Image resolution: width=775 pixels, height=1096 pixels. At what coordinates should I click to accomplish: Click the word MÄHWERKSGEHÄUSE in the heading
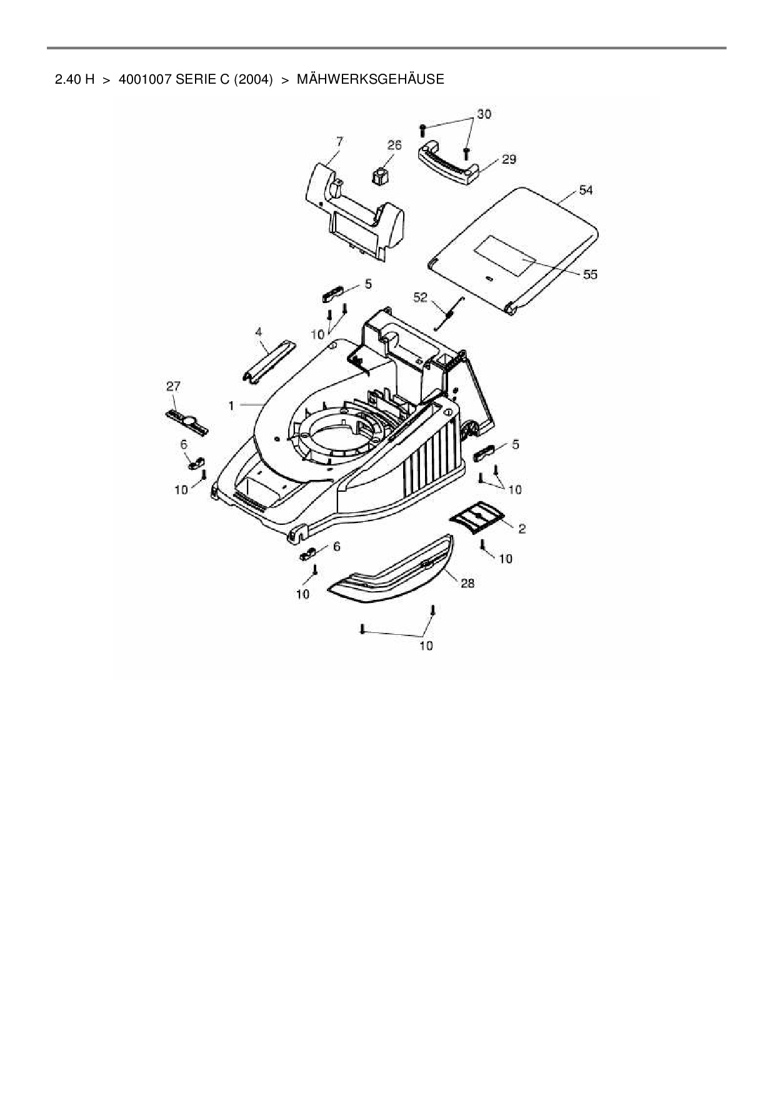pos(370,80)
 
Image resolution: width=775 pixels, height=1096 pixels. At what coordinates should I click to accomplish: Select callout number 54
pos(585,191)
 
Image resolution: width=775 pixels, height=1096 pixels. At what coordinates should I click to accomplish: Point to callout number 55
pos(590,274)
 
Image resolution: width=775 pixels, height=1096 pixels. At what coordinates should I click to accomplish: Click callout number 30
pos(484,114)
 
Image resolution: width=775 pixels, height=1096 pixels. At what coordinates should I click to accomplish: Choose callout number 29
pos(509,159)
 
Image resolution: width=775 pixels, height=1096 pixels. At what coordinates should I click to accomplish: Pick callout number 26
pos(394,146)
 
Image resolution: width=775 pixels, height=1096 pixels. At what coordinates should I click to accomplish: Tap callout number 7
pos(339,141)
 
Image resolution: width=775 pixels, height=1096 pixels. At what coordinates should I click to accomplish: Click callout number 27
pos(173,387)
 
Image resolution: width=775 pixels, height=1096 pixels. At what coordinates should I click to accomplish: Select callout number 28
pos(467,583)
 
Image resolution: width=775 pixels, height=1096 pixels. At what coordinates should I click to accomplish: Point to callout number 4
pos(259,332)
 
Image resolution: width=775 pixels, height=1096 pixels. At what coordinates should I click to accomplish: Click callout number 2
pos(522,529)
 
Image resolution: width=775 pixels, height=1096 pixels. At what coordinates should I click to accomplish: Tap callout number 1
pos(231,406)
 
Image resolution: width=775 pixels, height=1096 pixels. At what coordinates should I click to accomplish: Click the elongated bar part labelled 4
pos(267,359)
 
